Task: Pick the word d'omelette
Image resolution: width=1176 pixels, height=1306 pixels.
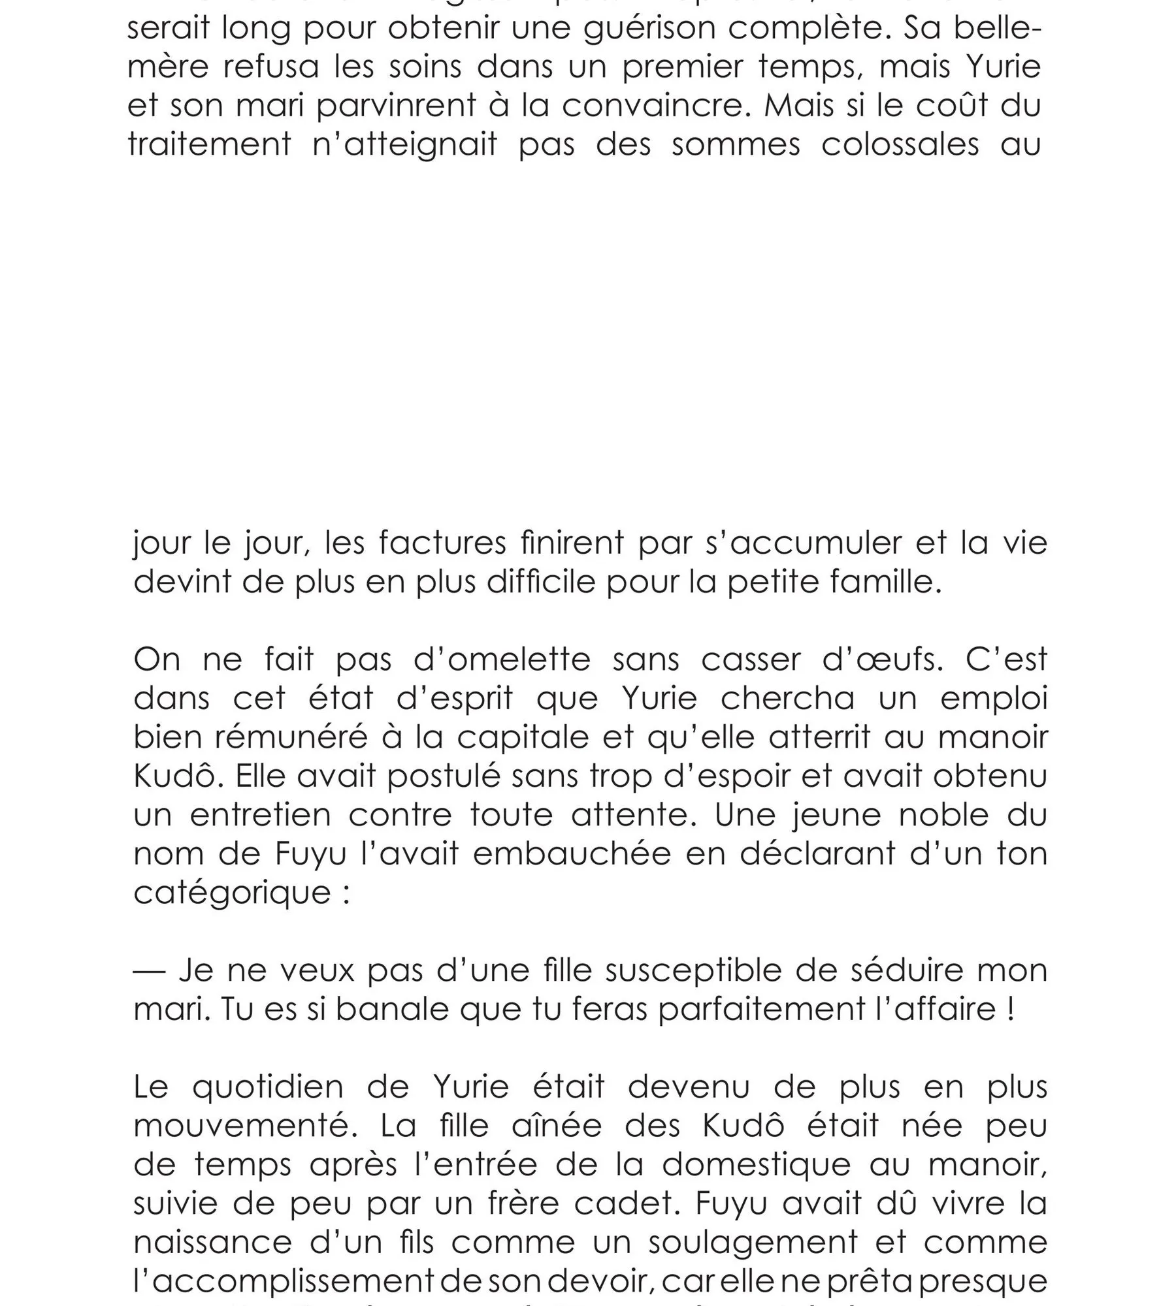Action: pyautogui.click(x=502, y=660)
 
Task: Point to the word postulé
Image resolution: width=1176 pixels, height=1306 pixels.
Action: pyautogui.click(x=442, y=776)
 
